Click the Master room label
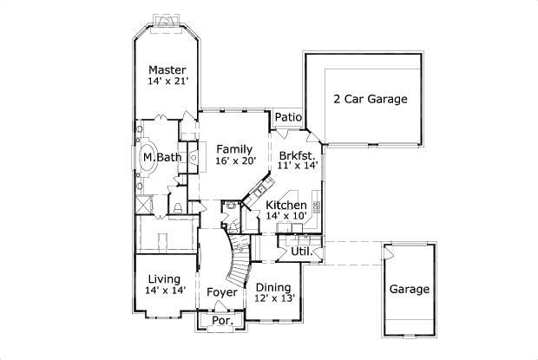pos(167,69)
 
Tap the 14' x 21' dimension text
pos(167,82)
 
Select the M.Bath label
pos(162,157)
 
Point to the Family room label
pos(234,148)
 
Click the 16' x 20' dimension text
pos(234,160)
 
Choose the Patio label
pos(287,117)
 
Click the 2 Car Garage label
pos(371,99)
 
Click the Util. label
pos(300,252)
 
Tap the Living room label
pos(163,278)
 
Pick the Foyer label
pos(222,292)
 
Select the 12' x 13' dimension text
pos(275,298)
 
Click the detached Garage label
pos(408,289)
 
